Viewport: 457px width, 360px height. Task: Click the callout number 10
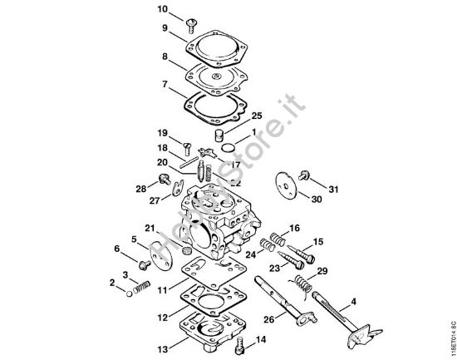[x=163, y=9]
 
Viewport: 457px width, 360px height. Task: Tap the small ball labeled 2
[x=130, y=290]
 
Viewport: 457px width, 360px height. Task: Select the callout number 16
[x=294, y=228]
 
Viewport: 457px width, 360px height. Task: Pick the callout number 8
[x=165, y=58]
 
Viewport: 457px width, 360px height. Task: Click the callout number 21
[x=150, y=227]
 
